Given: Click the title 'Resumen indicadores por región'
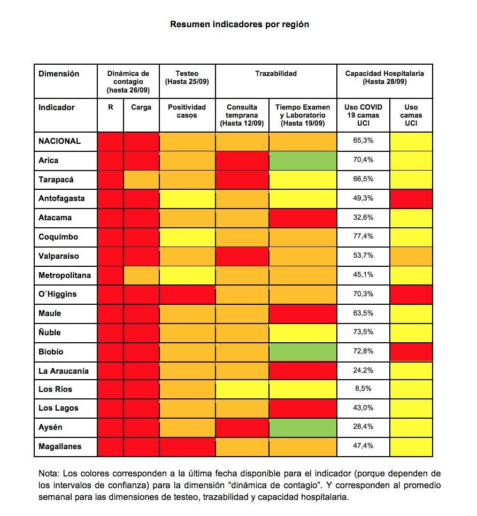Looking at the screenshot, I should (239, 25).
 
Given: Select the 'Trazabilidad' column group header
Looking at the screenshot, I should (275, 73).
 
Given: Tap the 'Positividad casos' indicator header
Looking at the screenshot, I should (187, 111).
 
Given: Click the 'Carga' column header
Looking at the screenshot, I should (141, 107).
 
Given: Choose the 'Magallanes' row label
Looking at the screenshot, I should (60, 446).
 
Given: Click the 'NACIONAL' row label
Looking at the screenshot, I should (59, 141).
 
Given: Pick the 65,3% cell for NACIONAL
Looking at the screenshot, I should (364, 141).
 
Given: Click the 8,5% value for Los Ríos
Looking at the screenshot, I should (364, 389).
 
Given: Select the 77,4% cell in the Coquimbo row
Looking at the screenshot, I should (364, 236).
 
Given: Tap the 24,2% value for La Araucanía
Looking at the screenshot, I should (364, 370).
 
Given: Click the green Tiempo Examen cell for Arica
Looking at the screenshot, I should (303, 160).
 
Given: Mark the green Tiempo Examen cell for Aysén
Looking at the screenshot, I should (303, 427).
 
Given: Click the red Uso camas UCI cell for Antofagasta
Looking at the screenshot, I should (411, 198).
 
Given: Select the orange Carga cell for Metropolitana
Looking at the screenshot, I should (141, 275).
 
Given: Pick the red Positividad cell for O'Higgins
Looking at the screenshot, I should (187, 294).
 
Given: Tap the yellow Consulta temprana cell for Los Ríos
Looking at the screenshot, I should (242, 389).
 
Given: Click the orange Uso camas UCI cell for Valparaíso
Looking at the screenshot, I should (411, 256).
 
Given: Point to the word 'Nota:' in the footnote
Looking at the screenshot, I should (49, 474).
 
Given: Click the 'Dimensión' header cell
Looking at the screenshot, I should (59, 74).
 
